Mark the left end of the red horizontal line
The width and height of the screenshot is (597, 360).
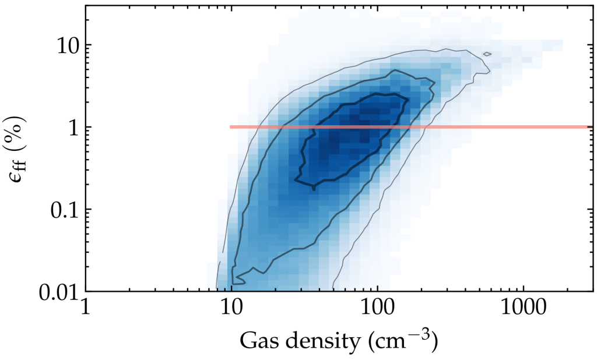click(x=231, y=126)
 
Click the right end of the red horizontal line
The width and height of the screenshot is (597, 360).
click(x=592, y=126)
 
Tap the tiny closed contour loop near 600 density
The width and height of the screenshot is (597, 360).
click(x=487, y=54)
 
